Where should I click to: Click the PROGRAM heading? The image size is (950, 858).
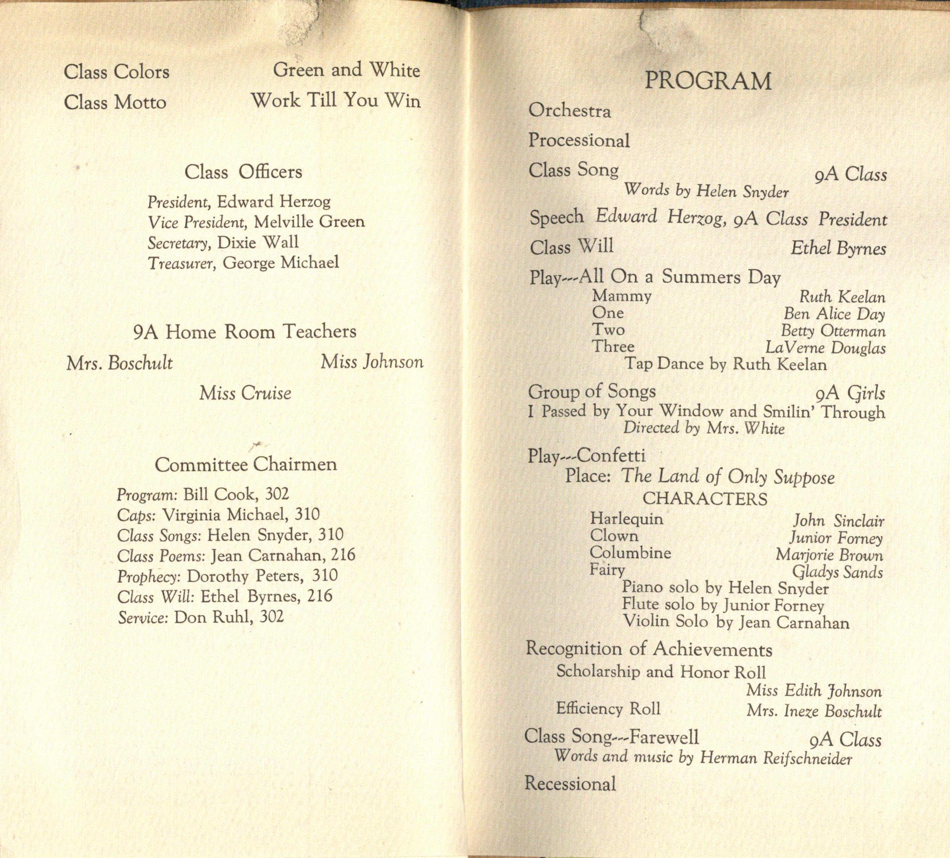[708, 81]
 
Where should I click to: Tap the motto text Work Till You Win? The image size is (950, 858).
[335, 100]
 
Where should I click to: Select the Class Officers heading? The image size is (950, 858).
[243, 172]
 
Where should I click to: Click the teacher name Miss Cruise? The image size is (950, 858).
[245, 393]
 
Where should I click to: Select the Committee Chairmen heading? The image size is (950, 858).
[246, 465]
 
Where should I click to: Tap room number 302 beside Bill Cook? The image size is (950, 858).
[277, 494]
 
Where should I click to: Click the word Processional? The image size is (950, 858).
[579, 141]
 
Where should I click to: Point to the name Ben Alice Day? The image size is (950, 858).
[834, 314]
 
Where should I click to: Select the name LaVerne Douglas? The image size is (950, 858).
[825, 348]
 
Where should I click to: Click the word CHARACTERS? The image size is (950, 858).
[705, 499]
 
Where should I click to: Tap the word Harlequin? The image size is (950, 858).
[627, 519]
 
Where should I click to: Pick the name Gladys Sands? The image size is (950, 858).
[837, 572]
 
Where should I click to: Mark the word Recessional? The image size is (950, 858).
[570, 784]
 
